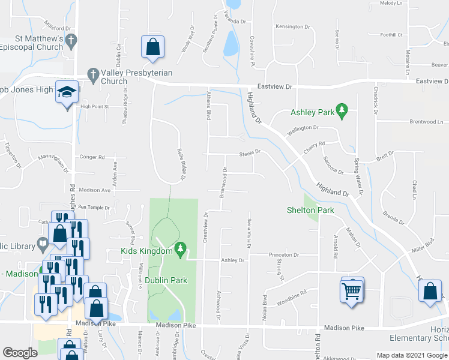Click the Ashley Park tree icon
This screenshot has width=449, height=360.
pyautogui.click(x=342, y=109)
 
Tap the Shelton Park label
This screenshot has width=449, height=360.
pyautogui.click(x=310, y=210)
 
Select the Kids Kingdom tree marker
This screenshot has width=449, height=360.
pyautogui.click(x=179, y=248)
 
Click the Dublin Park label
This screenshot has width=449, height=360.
pyautogui.click(x=166, y=280)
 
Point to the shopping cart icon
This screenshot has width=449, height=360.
pyautogui.click(x=351, y=292)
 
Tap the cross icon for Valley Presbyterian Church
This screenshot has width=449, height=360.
pyautogui.click(x=92, y=74)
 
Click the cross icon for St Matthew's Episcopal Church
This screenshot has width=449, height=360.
pyautogui.click(x=70, y=41)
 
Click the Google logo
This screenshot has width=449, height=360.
pyautogui.click(x=20, y=353)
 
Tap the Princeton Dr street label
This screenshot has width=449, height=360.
pyautogui.click(x=284, y=255)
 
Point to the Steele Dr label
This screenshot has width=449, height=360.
pyautogui.click(x=250, y=152)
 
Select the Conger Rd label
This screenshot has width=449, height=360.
pyautogui.click(x=92, y=157)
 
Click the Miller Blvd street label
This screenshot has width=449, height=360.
pyautogui.click(x=422, y=243)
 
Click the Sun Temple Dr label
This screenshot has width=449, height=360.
pyautogui.click(x=94, y=208)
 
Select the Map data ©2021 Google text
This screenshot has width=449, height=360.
pyautogui.click(x=412, y=355)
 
